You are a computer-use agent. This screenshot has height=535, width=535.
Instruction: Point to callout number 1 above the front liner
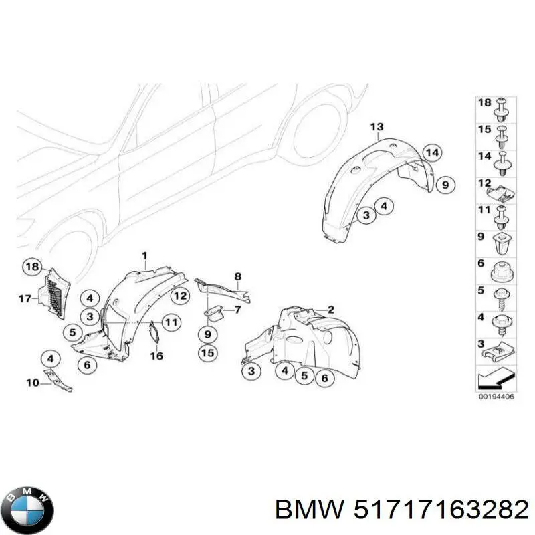pos(143,255)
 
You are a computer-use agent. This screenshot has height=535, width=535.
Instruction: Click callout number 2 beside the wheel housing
pos(330,309)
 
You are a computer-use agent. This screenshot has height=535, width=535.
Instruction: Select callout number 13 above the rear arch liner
pos(377,127)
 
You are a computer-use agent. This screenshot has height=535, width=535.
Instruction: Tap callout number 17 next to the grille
pos(25,298)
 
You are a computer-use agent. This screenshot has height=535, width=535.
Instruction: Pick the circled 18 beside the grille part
pos(31,267)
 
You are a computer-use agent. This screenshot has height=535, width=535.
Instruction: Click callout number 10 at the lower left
pos(33,383)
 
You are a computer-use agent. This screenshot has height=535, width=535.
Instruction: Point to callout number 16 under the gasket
pos(157,356)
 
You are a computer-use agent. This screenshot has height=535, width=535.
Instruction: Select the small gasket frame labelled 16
pos(152,332)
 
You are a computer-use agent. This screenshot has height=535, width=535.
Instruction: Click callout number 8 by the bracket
pos(237,276)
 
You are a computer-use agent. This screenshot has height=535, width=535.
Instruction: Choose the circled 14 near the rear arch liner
pos(433,153)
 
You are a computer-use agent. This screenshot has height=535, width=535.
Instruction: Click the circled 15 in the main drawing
pos(208,353)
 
